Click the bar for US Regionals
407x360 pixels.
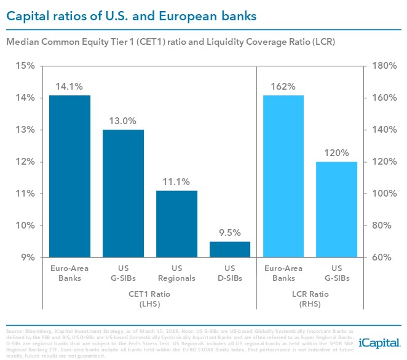point(176,224)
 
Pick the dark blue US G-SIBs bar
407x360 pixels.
point(123,193)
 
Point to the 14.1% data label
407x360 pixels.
point(69,87)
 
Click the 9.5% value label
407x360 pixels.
point(231,233)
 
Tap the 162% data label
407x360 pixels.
point(284,87)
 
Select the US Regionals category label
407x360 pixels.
point(176,273)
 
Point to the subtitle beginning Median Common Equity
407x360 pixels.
point(156,42)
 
